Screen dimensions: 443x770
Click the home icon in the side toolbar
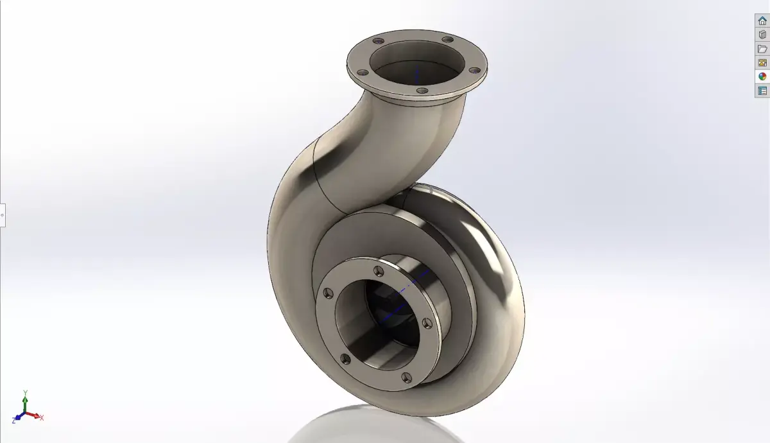click(x=762, y=21)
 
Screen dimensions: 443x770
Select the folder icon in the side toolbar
click(x=762, y=49)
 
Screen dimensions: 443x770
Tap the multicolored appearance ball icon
click(x=762, y=76)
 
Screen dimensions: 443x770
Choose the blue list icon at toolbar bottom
click(x=762, y=91)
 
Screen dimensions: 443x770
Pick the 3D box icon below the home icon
click(x=762, y=35)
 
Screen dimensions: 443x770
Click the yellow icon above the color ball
click(x=762, y=63)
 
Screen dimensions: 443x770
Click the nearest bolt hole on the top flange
click(x=421, y=91)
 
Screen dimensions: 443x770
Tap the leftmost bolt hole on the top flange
click(x=361, y=73)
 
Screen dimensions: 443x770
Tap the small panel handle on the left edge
click(x=3, y=215)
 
